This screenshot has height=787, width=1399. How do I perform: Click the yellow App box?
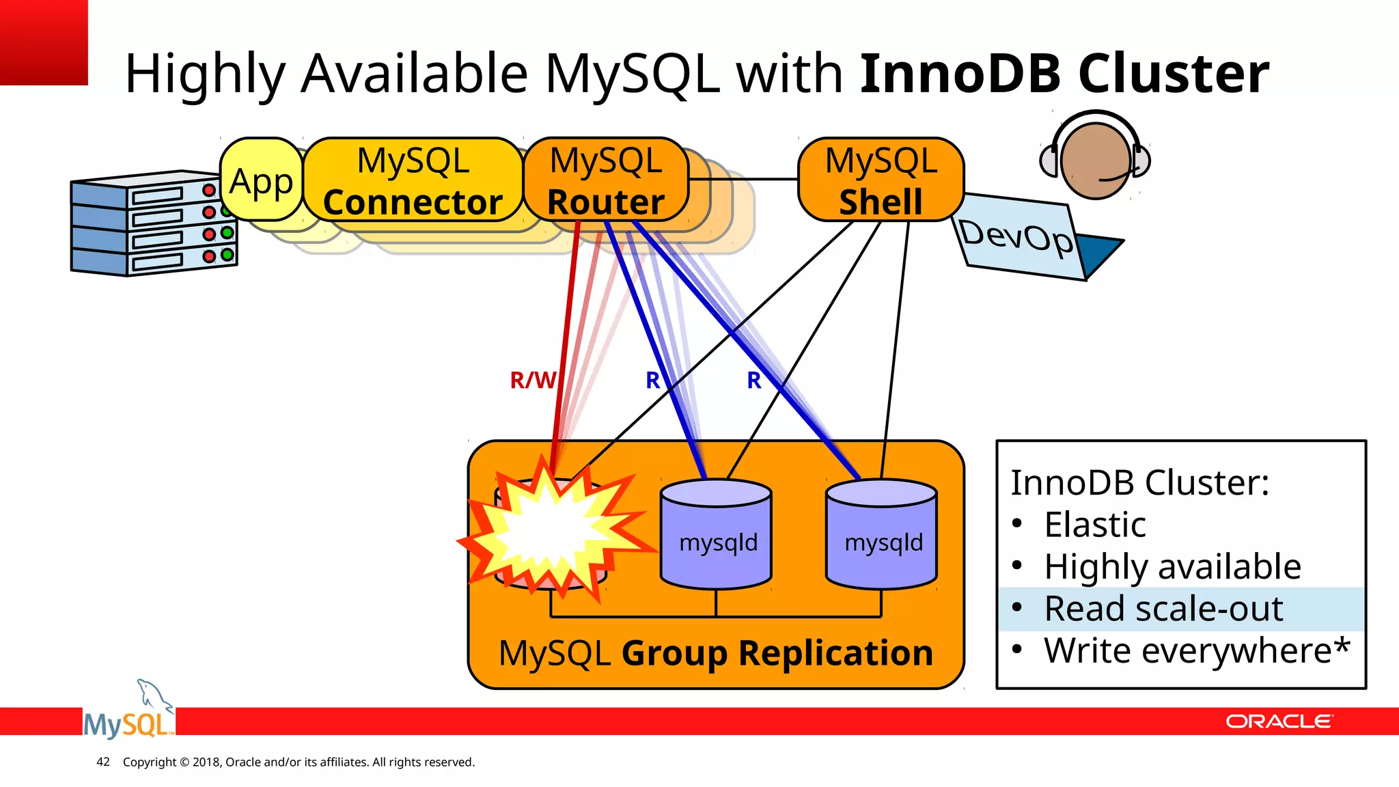(x=261, y=180)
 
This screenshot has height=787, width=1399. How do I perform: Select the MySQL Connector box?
(x=413, y=180)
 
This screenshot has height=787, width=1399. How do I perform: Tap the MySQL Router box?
(x=605, y=180)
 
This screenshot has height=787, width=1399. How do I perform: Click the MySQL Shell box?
(x=881, y=180)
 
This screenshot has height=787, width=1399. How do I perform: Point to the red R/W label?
(x=532, y=380)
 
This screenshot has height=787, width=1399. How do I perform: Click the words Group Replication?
(x=777, y=653)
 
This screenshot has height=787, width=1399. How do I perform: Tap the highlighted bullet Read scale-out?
(x=1163, y=609)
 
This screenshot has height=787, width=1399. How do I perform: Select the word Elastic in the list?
(x=1094, y=525)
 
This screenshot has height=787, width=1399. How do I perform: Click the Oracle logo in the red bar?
(x=1278, y=721)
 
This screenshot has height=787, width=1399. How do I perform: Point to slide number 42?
(x=103, y=762)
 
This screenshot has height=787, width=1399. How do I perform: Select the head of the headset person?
(x=1095, y=161)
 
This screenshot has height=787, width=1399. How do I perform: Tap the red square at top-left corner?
(x=43, y=41)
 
